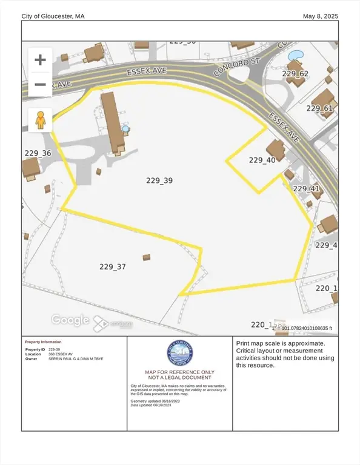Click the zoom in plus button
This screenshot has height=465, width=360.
(40, 60)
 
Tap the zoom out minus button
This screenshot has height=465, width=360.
(40, 84)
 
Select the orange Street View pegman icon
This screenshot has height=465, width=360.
(41, 120)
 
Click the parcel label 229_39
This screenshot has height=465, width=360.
(160, 180)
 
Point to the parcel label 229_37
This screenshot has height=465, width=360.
(112, 266)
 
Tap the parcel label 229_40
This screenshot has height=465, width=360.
(262, 160)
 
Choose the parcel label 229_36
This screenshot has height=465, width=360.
(38, 154)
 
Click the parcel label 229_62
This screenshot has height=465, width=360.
(296, 74)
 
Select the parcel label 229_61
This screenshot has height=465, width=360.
(319, 108)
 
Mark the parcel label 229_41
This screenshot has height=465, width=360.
(306, 189)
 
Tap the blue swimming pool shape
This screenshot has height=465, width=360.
(295, 56)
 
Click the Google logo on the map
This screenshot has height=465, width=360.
(70, 320)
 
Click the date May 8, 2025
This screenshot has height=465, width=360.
(321, 16)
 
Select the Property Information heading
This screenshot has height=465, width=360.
(43, 342)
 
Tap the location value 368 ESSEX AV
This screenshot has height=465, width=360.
(61, 354)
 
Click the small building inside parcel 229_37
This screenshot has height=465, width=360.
(146, 257)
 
